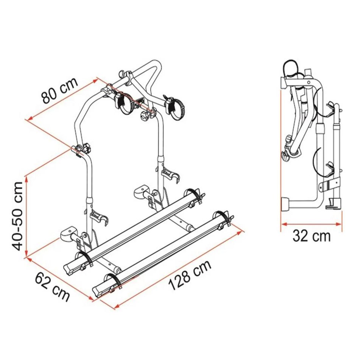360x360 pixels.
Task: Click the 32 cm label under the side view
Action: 312,235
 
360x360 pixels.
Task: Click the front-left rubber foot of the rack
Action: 68,235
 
